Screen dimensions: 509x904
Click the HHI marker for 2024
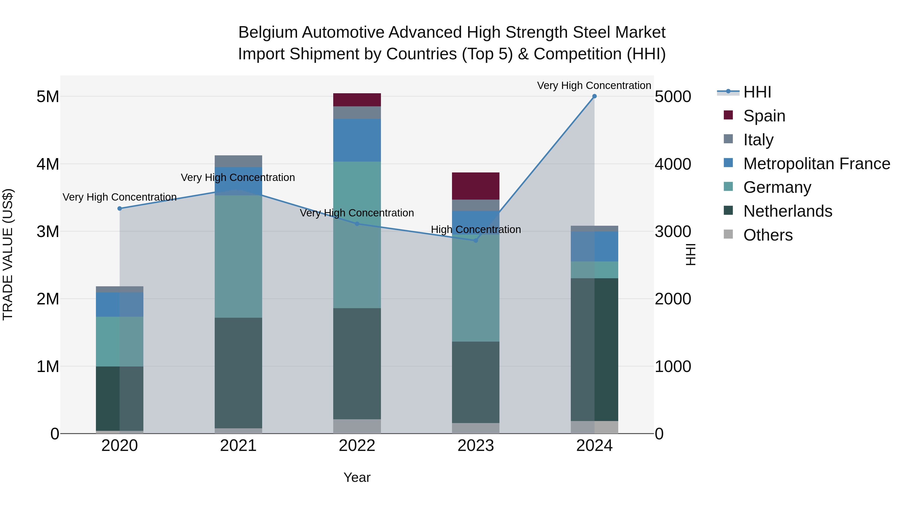click(594, 96)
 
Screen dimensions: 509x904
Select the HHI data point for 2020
click(120, 208)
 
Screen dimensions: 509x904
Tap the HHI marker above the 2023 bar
click(476, 240)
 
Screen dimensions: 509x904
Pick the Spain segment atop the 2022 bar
click(357, 100)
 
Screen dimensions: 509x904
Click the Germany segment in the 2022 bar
click(357, 235)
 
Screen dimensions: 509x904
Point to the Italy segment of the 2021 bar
click(238, 161)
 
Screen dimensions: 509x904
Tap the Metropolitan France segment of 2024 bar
click(594, 246)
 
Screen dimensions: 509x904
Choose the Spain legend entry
click(764, 116)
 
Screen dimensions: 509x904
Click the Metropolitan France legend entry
click(816, 164)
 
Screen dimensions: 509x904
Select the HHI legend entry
click(757, 92)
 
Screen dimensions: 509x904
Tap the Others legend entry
click(767, 235)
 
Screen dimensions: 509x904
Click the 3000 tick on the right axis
click(673, 232)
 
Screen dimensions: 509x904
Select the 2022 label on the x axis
click(357, 446)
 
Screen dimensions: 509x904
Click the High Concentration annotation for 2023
click(476, 229)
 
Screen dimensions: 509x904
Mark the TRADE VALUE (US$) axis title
click(8, 254)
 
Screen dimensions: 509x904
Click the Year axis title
click(357, 477)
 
